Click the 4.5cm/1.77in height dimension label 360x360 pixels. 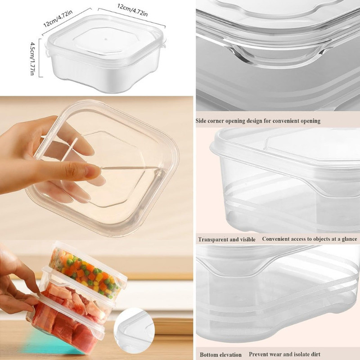pos(32,58)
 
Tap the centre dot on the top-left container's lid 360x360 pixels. pos(106,39)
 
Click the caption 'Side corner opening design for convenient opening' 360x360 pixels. pos(258,121)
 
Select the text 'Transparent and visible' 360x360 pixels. pos(227,239)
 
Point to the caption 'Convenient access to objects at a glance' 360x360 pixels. pos(310,239)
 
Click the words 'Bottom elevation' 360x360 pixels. pos(220,355)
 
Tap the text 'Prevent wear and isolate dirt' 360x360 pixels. pos(284,354)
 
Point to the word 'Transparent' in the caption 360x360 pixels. pos(212,239)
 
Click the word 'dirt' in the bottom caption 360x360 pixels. pos(315,354)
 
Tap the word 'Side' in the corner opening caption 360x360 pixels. pos(201,121)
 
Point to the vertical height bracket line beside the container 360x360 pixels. pos(40,58)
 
